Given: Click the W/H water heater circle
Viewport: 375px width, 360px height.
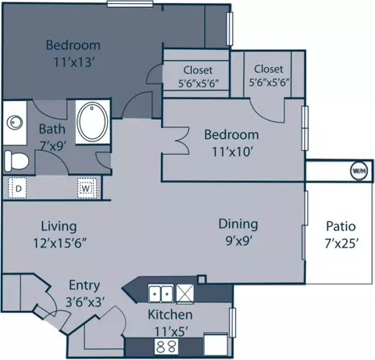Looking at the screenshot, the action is coord(359,171).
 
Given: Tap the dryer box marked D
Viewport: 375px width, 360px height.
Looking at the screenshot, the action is coord(17,188).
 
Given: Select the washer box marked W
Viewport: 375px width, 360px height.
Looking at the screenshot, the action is coord(87,188).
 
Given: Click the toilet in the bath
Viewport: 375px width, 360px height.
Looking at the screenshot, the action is coord(16,161).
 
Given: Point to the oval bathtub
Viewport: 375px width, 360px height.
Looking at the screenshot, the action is coord(92,122).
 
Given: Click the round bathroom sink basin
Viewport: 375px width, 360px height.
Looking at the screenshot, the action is coord(15,122).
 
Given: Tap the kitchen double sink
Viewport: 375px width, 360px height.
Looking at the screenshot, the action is coord(161,294).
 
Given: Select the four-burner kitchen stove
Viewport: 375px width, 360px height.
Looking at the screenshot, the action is coord(166,347).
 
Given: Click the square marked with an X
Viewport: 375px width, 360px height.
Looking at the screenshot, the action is coord(185,294).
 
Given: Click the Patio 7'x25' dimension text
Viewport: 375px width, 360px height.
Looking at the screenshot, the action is coord(341,244).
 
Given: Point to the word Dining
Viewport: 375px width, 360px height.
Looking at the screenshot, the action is coord(238,224).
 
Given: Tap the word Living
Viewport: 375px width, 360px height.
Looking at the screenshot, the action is coord(59,226).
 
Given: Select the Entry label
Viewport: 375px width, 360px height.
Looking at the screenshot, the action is coord(84,286).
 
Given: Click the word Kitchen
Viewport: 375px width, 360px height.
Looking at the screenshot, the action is coord(170,315).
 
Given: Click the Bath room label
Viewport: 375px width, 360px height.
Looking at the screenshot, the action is coord(52,129).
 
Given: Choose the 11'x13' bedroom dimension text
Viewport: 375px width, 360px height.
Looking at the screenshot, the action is coord(73,62).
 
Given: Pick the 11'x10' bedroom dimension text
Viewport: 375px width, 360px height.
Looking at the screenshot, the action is coord(232,151).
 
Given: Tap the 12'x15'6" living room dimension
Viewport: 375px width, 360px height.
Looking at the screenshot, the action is coord(59,244).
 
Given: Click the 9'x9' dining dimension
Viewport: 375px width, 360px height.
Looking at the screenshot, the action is coord(238,241).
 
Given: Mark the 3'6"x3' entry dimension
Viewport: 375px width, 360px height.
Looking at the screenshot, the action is coord(85,302).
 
